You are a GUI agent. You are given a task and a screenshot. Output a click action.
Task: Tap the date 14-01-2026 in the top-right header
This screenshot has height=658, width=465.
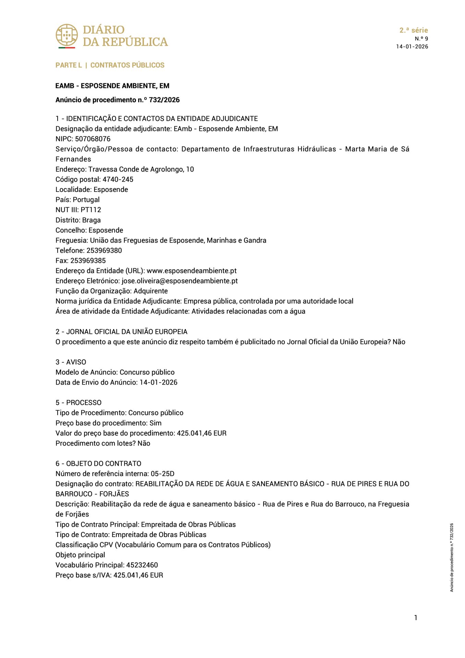412,47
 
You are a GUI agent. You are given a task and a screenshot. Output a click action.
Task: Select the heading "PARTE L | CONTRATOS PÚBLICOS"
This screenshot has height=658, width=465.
110,65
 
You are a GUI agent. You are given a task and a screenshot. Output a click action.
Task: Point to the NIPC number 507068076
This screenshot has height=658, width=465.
93,139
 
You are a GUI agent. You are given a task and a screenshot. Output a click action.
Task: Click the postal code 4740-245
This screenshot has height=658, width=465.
118,179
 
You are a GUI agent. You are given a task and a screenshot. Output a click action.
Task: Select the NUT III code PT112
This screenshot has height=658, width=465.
91,210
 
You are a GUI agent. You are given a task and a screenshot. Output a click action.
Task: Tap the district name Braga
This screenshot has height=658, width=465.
91,220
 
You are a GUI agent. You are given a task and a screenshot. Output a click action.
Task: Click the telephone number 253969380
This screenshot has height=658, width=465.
104,251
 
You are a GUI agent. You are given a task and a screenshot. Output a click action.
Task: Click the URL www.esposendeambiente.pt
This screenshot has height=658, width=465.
192,271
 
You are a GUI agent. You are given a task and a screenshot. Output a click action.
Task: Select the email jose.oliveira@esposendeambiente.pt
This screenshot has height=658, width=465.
180,281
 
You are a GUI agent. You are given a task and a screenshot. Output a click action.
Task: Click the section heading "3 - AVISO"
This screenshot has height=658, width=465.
71,362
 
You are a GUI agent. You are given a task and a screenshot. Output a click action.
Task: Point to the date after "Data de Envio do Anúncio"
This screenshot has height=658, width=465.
158,382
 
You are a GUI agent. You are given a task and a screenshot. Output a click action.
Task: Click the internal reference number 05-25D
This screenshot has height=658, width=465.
162,474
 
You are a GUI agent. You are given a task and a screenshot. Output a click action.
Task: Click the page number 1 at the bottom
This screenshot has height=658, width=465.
415,618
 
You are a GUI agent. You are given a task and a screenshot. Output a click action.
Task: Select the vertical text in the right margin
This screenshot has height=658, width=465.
452,557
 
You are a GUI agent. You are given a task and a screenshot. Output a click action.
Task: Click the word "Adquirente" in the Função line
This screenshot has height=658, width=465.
150,291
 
